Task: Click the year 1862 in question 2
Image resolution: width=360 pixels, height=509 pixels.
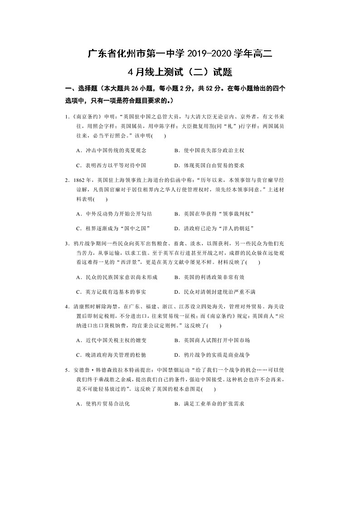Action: click(x=79, y=180)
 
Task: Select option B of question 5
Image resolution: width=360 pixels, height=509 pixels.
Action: click(x=209, y=403)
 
